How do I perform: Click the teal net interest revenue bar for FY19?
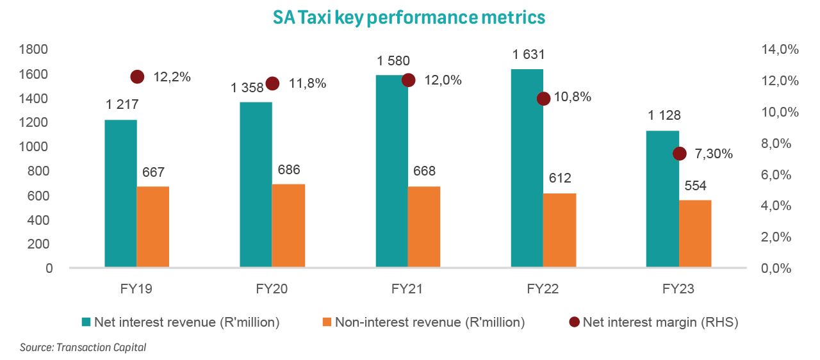click(x=120, y=193)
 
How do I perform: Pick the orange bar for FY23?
click(x=695, y=233)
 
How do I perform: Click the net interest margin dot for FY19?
click(x=137, y=77)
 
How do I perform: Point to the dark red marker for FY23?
click(x=680, y=154)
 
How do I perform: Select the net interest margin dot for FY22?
click(x=543, y=99)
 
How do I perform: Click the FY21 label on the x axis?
click(x=407, y=289)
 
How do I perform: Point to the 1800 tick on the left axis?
click(x=36, y=50)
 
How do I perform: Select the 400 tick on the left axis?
click(x=40, y=220)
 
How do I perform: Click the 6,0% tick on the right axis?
click(x=780, y=174)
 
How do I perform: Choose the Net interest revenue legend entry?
click(x=179, y=323)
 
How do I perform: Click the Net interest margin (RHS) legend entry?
click(x=653, y=323)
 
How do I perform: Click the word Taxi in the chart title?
click(x=320, y=17)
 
